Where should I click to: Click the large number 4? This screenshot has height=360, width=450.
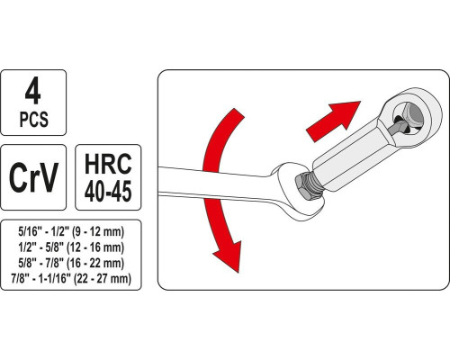click(x=33, y=91)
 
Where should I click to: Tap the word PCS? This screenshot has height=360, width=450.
click(x=34, y=119)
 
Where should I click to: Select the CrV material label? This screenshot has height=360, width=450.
click(x=33, y=177)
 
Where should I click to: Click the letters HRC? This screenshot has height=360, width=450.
click(x=108, y=164)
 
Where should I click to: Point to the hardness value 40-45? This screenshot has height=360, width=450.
click(x=108, y=191)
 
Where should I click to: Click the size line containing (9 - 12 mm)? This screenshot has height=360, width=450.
click(x=71, y=232)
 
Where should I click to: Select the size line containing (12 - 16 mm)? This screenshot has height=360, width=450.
click(x=71, y=247)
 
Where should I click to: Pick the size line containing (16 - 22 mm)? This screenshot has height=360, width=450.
click(x=71, y=263)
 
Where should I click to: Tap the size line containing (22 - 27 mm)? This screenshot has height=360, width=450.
click(x=71, y=279)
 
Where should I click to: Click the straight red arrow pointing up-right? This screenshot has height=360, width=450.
click(x=332, y=121)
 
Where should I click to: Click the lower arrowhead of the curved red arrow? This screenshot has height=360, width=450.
click(x=228, y=255)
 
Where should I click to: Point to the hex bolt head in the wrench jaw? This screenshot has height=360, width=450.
click(x=304, y=186)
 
